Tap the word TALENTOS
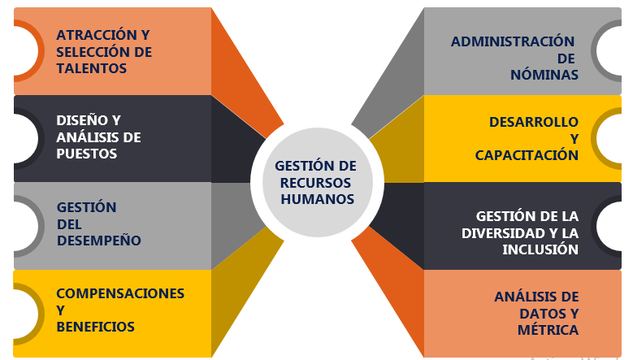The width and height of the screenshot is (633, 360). (91, 69)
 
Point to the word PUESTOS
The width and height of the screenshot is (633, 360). (87, 154)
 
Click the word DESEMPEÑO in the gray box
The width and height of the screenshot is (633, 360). (98, 241)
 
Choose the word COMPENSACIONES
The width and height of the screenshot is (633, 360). (120, 293)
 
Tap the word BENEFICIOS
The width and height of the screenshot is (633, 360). (95, 327)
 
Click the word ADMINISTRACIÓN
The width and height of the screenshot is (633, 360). (513, 41)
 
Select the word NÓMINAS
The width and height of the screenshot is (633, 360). (544, 75)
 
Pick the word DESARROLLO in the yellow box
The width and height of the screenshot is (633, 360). (533, 122)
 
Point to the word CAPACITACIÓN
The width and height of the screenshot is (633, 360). (527, 155)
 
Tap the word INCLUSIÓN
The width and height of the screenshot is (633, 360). (540, 249)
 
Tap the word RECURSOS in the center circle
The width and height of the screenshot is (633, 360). (314, 181)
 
